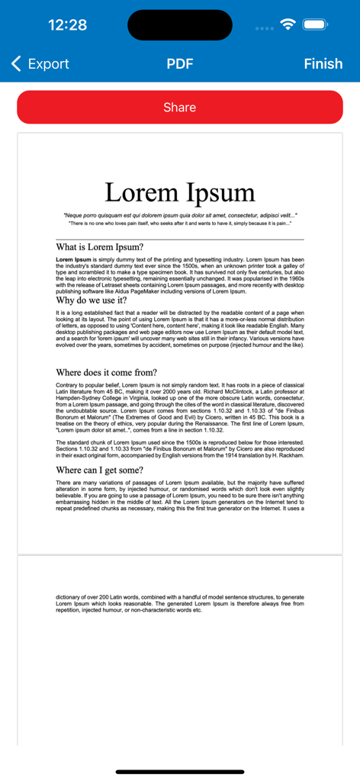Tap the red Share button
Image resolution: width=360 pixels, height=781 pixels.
(180, 108)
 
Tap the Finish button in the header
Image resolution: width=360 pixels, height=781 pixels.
(323, 64)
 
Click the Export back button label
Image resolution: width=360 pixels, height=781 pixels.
(48, 64)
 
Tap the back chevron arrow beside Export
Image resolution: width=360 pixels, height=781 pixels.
(17, 64)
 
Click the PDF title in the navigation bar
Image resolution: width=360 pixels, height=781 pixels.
(180, 64)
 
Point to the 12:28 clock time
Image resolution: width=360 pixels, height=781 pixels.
(67, 24)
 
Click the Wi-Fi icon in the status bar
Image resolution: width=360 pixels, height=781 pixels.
(288, 24)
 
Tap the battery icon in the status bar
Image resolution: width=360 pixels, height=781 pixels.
(315, 24)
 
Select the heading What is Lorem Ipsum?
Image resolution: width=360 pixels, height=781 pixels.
(99, 247)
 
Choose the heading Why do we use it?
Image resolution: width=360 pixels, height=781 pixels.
(92, 301)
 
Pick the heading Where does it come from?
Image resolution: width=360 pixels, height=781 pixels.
(107, 372)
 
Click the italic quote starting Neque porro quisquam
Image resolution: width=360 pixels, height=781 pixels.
(180, 215)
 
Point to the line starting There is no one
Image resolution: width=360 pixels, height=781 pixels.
(180, 223)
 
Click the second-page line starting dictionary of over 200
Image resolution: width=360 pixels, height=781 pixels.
(180, 596)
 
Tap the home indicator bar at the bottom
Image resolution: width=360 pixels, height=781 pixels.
(180, 771)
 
